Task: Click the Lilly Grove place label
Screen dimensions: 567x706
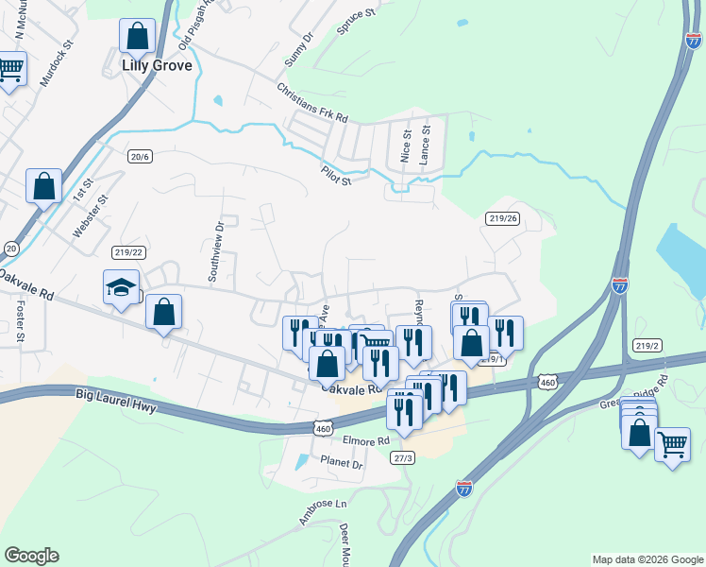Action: pos(157,66)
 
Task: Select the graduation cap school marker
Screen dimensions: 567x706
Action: pos(122,286)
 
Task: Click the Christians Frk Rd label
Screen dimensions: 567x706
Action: pos(312,103)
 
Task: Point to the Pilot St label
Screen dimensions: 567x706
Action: pos(335,174)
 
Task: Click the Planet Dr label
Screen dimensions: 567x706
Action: pos(341,464)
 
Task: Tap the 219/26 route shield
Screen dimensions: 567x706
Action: pos(503,218)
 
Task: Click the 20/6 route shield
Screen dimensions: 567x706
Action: pos(140,157)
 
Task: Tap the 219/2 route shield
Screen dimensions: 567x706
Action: pos(646,346)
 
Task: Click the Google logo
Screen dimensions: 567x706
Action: pos(31,556)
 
